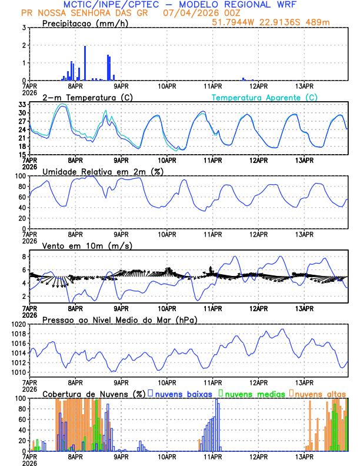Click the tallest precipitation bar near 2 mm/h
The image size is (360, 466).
pos(85,63)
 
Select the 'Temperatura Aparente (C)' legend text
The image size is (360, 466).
pos(265,97)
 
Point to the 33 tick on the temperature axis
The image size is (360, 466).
pos(22,104)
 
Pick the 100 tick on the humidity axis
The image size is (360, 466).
pos(20,176)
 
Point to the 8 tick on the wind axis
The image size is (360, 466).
pos(24,257)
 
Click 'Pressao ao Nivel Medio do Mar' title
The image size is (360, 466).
pos(119,319)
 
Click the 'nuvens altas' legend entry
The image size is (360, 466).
pos(321,393)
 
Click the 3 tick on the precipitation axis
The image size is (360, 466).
pos(24,28)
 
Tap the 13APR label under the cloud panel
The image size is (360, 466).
pos(304,456)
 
